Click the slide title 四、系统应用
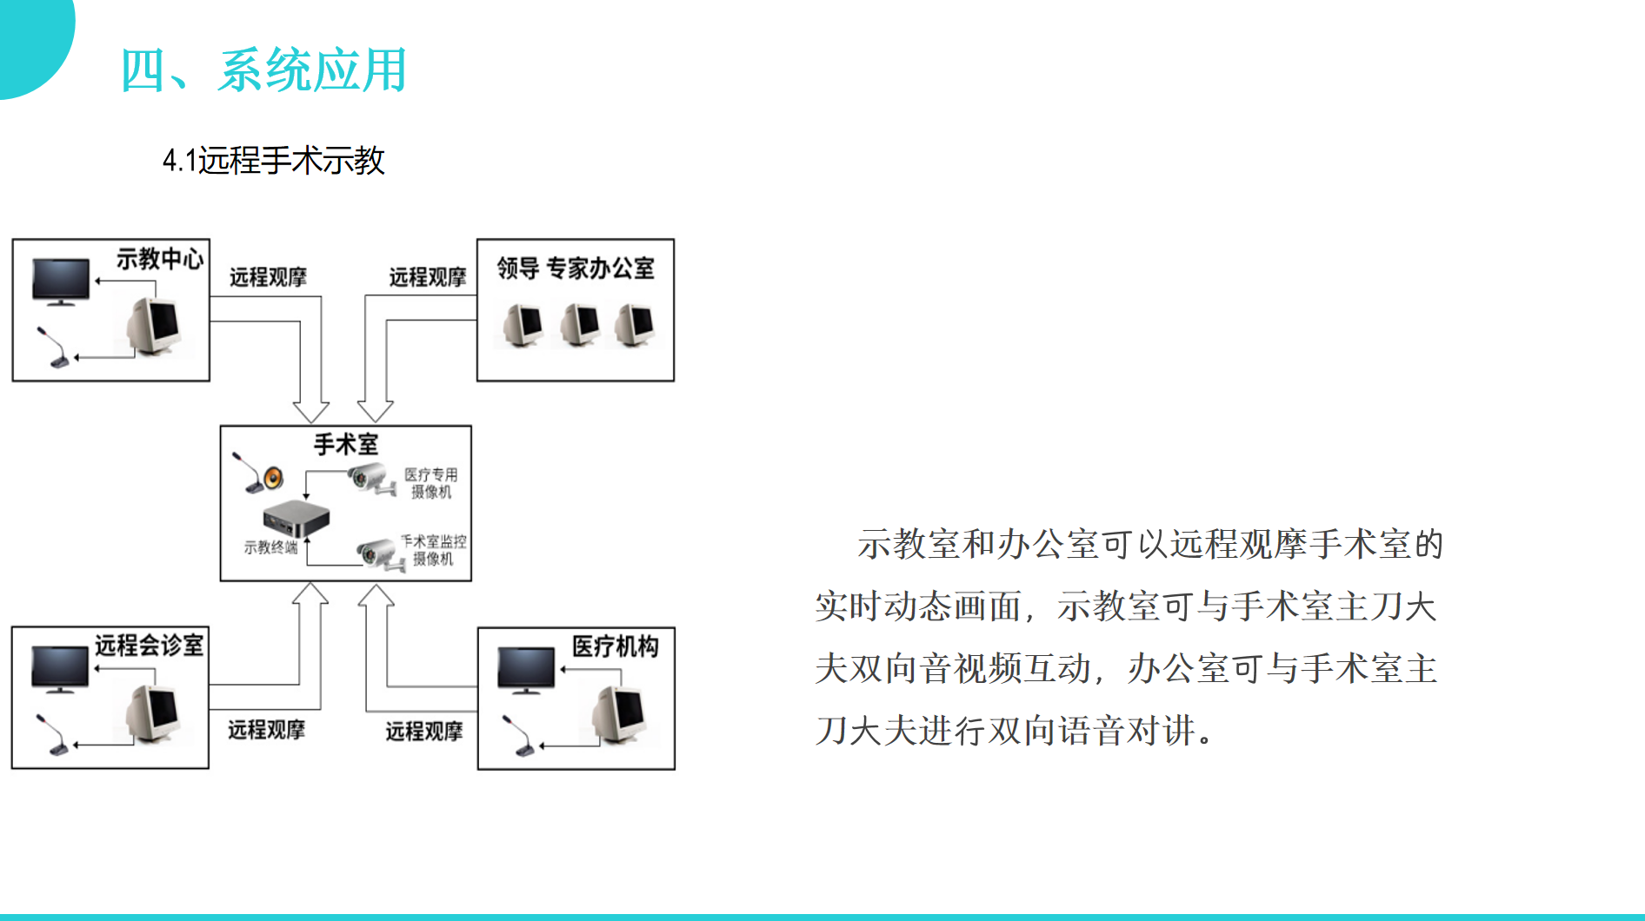click(x=263, y=70)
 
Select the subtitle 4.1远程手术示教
click(x=274, y=161)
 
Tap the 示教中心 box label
click(x=160, y=259)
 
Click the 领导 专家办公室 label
click(x=576, y=268)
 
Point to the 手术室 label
click(x=346, y=445)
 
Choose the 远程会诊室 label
click(x=149, y=646)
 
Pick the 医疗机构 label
click(x=616, y=646)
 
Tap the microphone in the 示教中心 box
click(x=52, y=347)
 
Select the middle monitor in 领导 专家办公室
click(x=579, y=325)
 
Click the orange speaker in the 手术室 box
click(x=273, y=477)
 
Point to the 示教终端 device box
click(x=296, y=518)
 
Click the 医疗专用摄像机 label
click(x=431, y=483)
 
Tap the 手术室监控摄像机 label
click(x=433, y=550)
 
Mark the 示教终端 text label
click(x=270, y=547)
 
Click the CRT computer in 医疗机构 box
click(x=620, y=715)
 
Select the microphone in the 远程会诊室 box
click(x=52, y=734)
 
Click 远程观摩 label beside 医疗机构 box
click(x=424, y=732)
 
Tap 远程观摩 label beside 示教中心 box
click(x=268, y=277)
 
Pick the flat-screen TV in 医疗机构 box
click(x=527, y=670)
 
